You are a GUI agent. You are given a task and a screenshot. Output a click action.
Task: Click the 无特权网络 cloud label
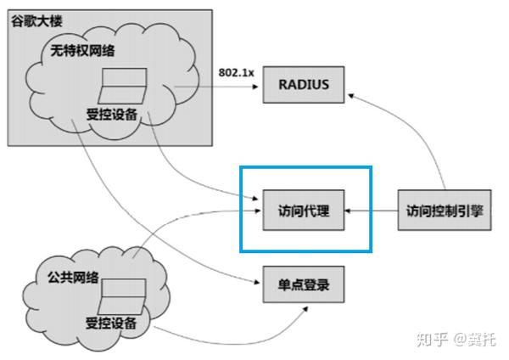tap(89, 52)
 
